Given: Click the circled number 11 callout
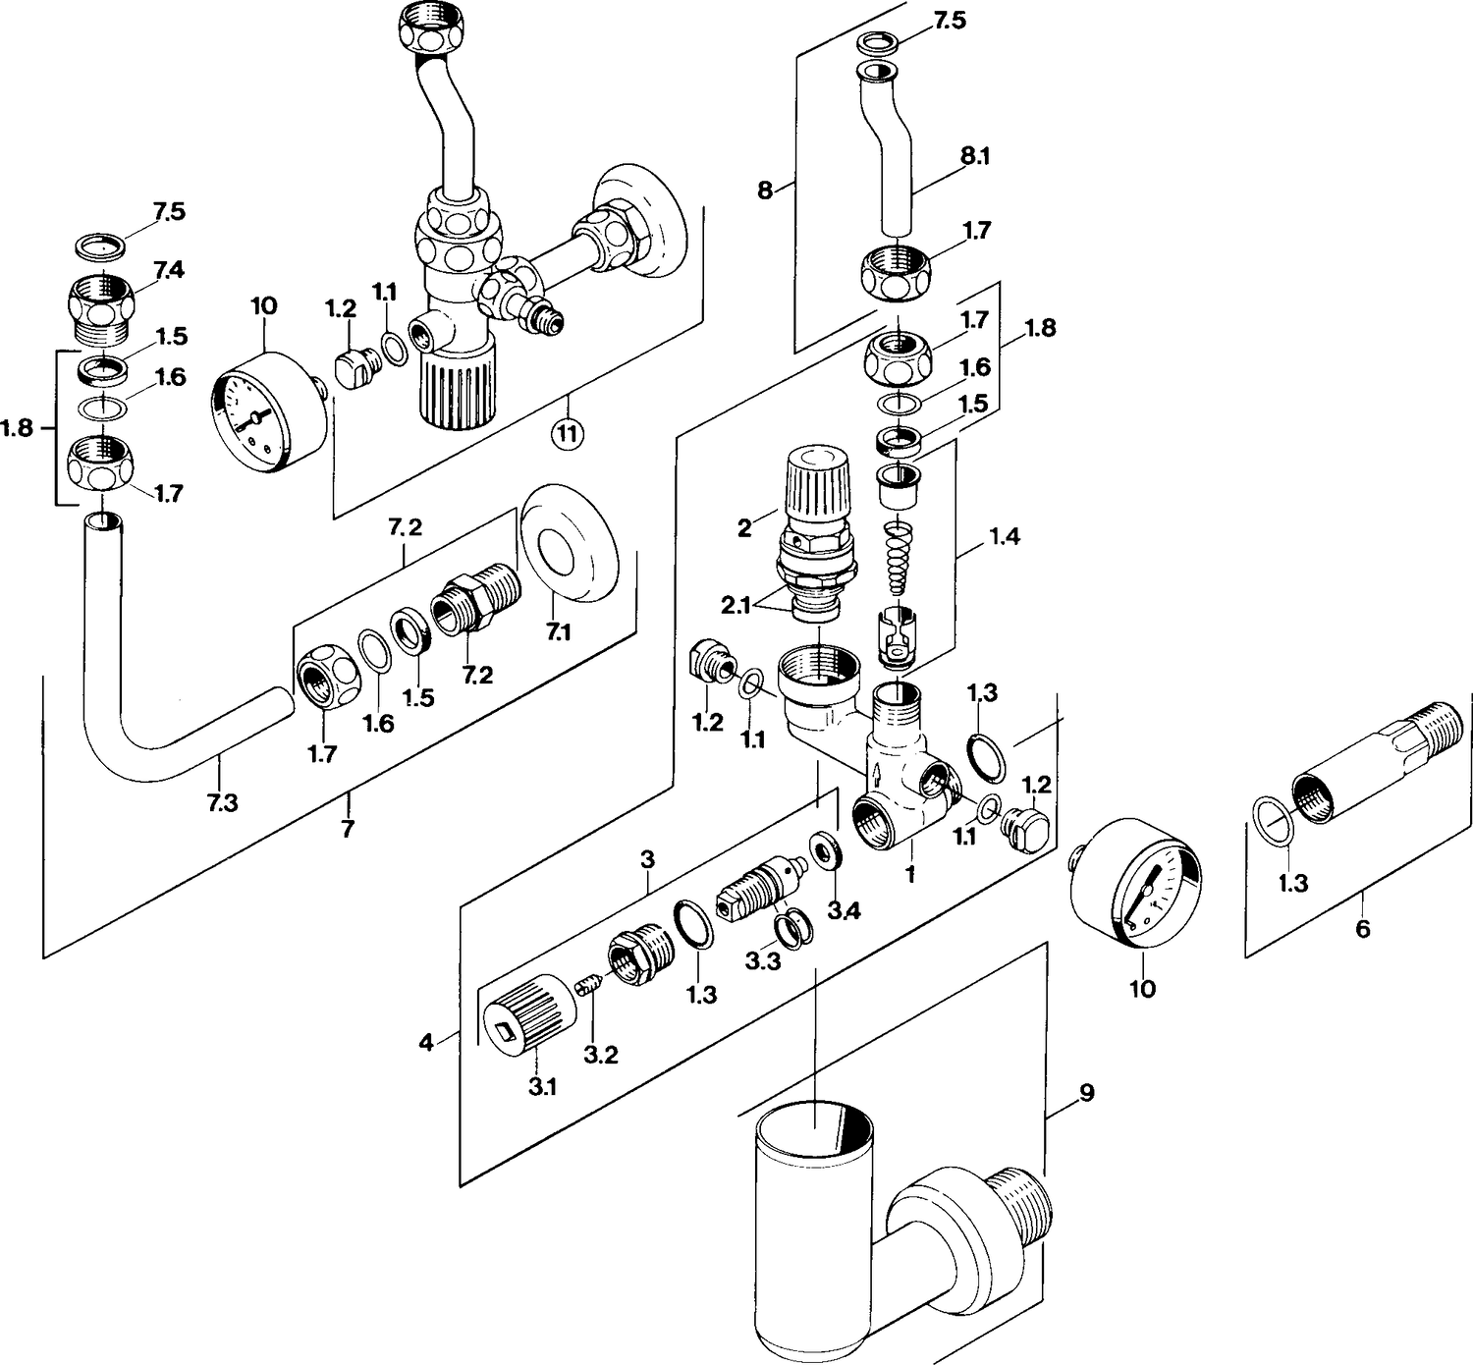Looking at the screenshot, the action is (568, 434).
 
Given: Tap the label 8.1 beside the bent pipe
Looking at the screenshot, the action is (975, 156).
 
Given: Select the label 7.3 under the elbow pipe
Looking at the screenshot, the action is (223, 802).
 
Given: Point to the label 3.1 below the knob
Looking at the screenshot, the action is (542, 1087).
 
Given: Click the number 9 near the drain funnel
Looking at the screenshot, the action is (1086, 1093).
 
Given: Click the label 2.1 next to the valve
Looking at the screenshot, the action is (736, 605).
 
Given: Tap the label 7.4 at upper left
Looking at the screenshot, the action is (169, 270).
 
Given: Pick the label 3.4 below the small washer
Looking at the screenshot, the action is (845, 910).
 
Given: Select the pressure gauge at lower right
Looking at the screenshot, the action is (1135, 884).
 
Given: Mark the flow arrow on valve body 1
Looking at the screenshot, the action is (876, 775).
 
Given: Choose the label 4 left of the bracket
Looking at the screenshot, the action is (425, 1042).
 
